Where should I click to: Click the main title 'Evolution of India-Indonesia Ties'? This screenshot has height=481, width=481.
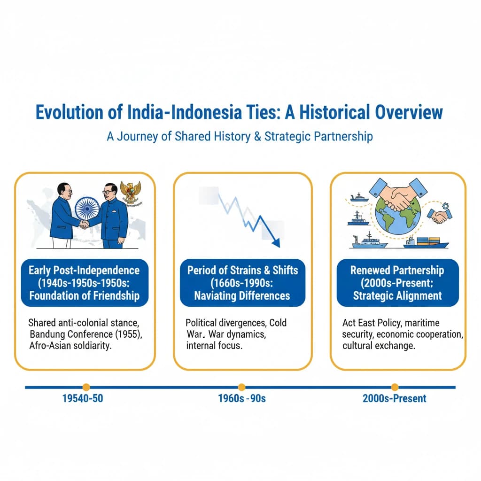coord(240,113)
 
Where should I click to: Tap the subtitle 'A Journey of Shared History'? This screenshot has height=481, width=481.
coord(240,136)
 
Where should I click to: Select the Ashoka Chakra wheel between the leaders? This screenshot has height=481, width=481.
coord(87,208)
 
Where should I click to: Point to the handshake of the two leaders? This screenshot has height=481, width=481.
coord(84,225)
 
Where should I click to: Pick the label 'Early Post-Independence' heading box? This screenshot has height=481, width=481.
coord(84,283)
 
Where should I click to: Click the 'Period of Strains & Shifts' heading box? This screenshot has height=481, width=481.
coord(242,283)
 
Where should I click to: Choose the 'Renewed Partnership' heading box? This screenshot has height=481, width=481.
coord(397,283)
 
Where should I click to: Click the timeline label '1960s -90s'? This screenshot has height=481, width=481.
coord(242,398)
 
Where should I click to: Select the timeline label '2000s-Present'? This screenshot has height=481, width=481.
coord(395,398)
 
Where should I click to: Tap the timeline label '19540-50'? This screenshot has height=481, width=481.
coord(83,398)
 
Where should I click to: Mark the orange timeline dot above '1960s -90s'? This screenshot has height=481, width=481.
coord(241,387)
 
